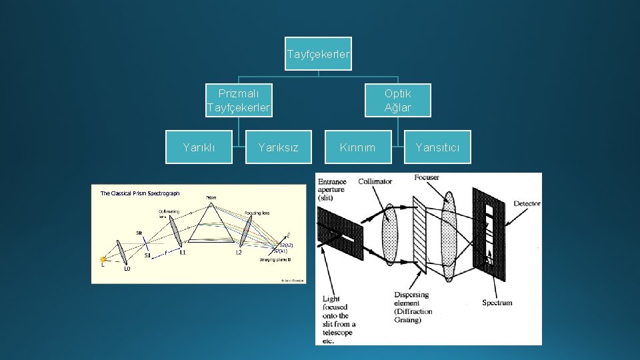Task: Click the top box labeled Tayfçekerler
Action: (x=319, y=54)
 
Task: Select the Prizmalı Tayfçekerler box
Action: (x=239, y=100)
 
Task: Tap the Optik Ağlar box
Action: (x=398, y=100)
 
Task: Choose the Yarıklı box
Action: (x=199, y=147)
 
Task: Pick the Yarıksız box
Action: (x=279, y=147)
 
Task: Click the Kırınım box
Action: (x=358, y=147)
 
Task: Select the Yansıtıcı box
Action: (x=437, y=147)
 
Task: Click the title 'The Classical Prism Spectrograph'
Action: (x=140, y=193)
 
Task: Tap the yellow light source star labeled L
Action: (x=103, y=259)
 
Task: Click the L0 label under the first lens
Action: (x=127, y=269)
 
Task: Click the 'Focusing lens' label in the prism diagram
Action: (x=257, y=213)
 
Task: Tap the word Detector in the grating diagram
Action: (x=527, y=204)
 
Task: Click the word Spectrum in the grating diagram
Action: (x=497, y=303)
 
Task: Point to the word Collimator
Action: (x=375, y=181)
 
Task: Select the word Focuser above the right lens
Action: (x=427, y=177)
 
